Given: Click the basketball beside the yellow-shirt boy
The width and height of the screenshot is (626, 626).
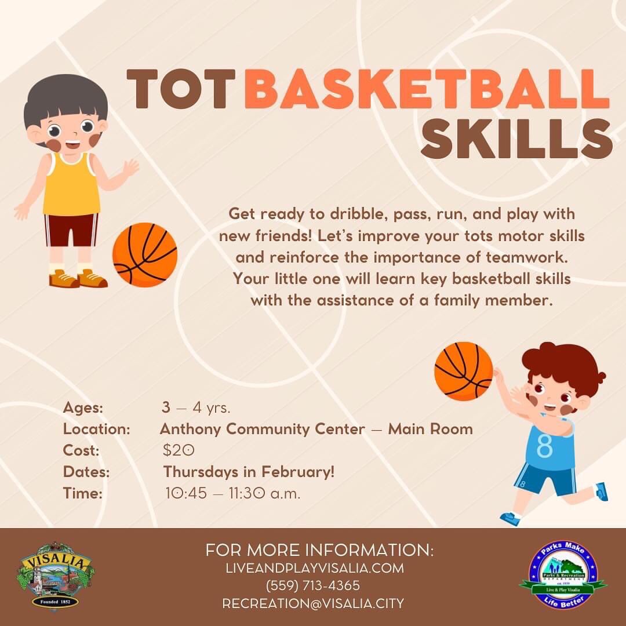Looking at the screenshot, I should (145, 255).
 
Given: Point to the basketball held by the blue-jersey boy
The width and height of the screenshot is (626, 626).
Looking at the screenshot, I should (463, 371).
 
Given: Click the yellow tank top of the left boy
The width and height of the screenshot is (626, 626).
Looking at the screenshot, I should (71, 184).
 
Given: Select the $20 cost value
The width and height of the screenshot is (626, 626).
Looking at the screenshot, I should (179, 450).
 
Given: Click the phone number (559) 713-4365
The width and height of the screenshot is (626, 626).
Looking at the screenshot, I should (313, 585).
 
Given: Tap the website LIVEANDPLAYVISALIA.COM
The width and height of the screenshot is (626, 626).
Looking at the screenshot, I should (315, 568).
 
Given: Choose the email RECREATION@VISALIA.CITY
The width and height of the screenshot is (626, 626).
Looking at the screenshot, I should (313, 603).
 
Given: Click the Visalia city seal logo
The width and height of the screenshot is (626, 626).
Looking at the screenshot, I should (55, 574).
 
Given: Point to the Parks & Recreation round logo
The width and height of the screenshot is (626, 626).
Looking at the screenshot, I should (562, 576).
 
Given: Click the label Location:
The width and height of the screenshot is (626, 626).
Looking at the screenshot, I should (96, 430).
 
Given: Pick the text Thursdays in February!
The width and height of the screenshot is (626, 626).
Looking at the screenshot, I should (249, 472).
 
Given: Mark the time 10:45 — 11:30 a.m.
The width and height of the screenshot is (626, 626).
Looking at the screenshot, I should (232, 494).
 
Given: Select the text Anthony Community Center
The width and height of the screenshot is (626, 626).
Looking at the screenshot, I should (262, 430).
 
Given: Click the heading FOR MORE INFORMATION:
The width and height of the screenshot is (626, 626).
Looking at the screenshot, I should (319, 549).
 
